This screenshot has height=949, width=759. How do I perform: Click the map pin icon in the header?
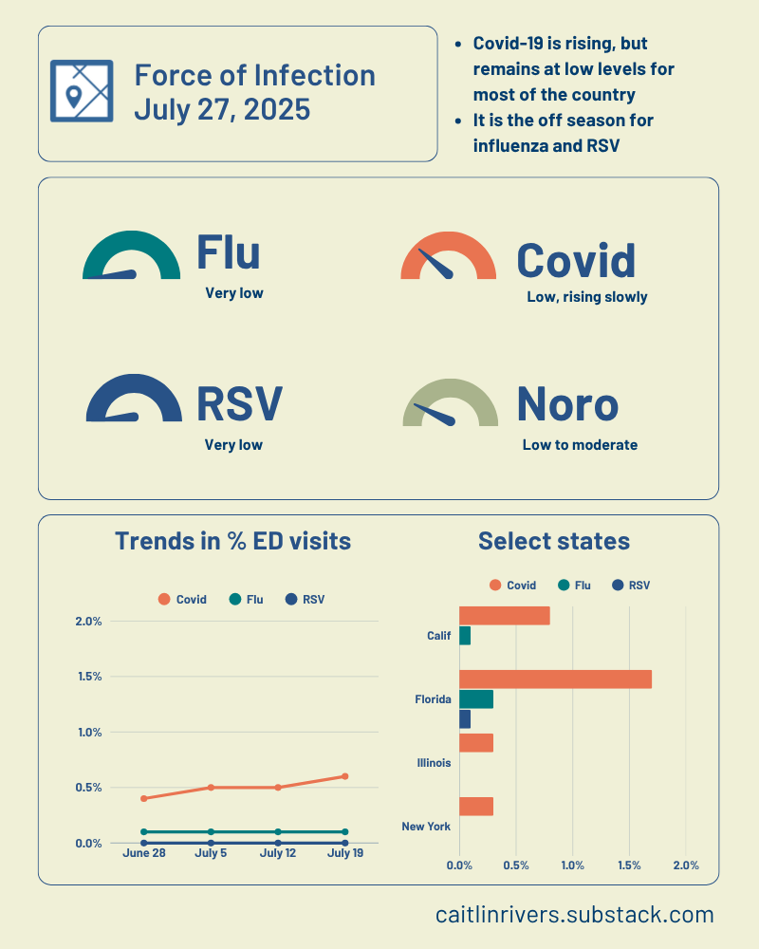81,91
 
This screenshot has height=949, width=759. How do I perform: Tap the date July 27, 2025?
222,109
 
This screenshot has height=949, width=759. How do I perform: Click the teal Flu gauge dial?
131,256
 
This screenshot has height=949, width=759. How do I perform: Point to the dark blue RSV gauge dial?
133,399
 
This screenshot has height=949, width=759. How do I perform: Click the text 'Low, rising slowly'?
586,297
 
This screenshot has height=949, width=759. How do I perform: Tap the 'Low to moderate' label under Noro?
580,444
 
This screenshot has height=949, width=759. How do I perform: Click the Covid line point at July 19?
344,776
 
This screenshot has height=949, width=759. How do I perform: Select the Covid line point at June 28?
144,798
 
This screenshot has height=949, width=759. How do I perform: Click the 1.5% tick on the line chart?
88,677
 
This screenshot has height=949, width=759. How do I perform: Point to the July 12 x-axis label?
278,854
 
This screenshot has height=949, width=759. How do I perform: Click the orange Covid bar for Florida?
555,679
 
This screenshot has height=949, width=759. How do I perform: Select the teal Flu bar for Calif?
465,636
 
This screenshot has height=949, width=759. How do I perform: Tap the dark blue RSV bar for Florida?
465,719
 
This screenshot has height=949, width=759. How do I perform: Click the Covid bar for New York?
476,807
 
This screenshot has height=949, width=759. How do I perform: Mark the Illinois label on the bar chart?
434,762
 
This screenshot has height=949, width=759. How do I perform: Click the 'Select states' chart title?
554,541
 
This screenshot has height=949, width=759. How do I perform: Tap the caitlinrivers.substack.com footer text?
574,915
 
